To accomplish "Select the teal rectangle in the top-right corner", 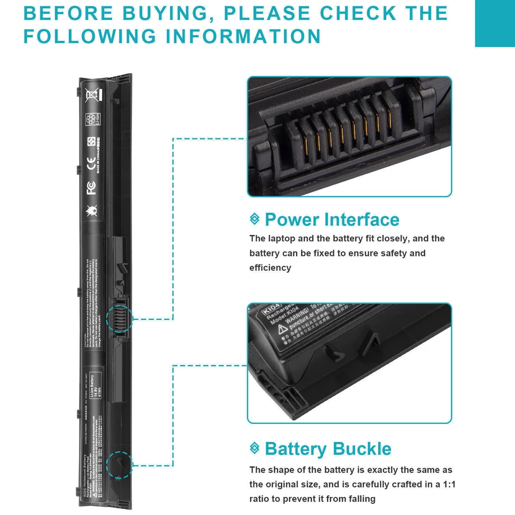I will tap(495, 23).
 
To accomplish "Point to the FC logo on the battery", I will tap(92, 188).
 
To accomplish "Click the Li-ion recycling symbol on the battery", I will tap(92, 119).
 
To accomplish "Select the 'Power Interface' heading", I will tap(332, 219).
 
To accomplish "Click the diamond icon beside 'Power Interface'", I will tap(255, 219).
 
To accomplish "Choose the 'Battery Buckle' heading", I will tap(328, 448).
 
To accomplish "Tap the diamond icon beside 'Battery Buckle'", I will tap(255, 448).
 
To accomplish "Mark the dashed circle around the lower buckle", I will tap(119, 464).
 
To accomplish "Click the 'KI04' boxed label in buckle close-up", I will tap(271, 310).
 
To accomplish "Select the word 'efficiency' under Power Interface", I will tap(270, 268).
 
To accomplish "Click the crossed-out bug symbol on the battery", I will tap(92, 211).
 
